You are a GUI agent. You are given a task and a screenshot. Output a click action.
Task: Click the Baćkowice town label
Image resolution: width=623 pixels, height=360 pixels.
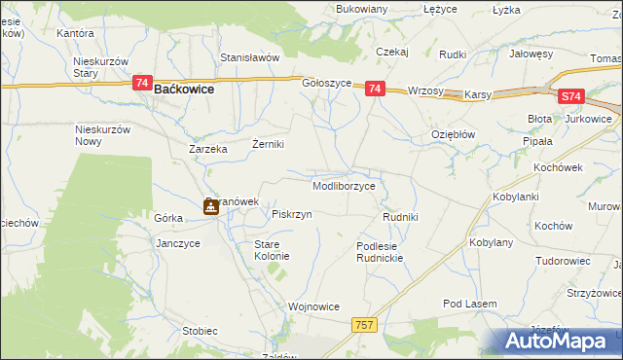[x=184, y=89]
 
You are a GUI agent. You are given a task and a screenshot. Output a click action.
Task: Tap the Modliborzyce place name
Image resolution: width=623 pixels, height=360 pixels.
[x=344, y=185]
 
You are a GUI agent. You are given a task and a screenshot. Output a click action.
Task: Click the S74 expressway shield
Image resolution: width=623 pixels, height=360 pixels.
[x=571, y=97]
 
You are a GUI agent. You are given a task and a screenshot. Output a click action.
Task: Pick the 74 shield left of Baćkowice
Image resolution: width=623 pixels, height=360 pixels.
[x=142, y=86]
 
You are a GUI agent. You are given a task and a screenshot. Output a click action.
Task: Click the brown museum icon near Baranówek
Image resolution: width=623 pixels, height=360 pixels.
[x=210, y=206]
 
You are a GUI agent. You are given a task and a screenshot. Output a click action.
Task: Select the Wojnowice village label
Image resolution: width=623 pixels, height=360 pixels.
[x=313, y=306]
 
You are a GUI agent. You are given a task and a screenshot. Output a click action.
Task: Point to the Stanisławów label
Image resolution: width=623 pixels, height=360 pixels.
[x=249, y=57]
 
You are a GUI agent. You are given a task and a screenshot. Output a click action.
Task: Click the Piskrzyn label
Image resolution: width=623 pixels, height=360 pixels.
[x=292, y=214]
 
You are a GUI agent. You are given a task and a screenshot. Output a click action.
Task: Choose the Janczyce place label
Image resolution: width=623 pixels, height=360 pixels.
[x=177, y=243]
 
